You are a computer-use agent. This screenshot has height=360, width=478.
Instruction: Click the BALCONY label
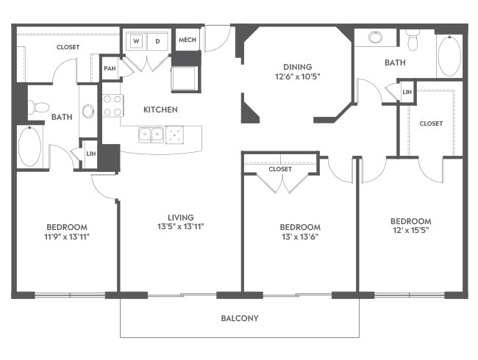[x=240, y=319]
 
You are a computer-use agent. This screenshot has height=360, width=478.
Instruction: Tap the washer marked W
[x=136, y=42]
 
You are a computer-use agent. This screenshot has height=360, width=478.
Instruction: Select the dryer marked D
[x=157, y=42]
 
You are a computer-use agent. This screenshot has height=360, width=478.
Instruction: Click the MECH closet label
[x=187, y=40]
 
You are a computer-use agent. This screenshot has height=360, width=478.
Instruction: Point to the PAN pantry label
[x=110, y=68]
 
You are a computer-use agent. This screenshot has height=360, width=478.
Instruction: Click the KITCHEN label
[x=160, y=109]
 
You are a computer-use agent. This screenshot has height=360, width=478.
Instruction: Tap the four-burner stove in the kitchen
[x=112, y=106]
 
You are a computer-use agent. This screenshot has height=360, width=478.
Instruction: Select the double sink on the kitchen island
[x=152, y=134]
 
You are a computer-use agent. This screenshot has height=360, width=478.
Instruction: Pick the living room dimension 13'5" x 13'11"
[x=180, y=227]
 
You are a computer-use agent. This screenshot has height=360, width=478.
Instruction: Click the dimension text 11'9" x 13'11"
[x=67, y=237]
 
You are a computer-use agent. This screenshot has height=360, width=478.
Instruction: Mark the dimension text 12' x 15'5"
[x=410, y=231]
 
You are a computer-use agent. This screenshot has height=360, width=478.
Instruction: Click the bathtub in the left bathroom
[x=29, y=147]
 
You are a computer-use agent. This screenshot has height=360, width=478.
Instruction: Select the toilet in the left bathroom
[x=38, y=108]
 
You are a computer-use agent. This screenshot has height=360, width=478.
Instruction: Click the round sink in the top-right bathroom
[x=376, y=37]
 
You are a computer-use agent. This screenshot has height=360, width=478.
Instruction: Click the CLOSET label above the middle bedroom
[x=280, y=169]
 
